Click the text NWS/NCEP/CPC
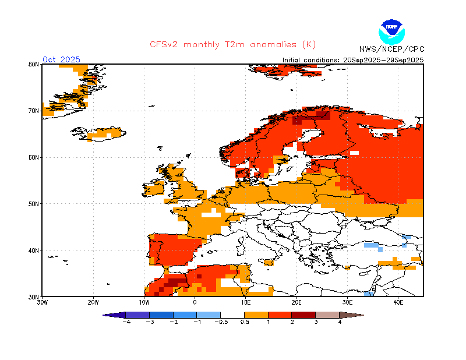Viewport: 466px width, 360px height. click(x=391, y=50)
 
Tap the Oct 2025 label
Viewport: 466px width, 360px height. click(x=61, y=59)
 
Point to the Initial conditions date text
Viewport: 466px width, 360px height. click(x=353, y=60)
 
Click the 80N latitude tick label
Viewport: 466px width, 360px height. click(x=33, y=65)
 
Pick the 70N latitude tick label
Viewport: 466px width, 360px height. click(x=33, y=111)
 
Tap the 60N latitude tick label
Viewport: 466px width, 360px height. click(x=33, y=157)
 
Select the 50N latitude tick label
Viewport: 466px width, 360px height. click(x=33, y=204)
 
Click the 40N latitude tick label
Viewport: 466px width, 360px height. click(x=33, y=250)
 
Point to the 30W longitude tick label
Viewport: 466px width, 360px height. click(x=42, y=303)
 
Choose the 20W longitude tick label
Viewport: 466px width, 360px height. click(x=93, y=303)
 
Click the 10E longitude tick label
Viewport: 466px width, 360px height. click(x=246, y=303)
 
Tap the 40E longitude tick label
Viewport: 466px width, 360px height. click(x=398, y=303)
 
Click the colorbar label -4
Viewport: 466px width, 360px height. click(x=126, y=322)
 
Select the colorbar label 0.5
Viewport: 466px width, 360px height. click(x=245, y=322)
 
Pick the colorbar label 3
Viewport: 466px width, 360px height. click(x=316, y=322)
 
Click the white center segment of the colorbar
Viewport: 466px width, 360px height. click(x=232, y=315)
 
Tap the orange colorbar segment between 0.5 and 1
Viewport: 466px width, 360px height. click(x=256, y=315)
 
